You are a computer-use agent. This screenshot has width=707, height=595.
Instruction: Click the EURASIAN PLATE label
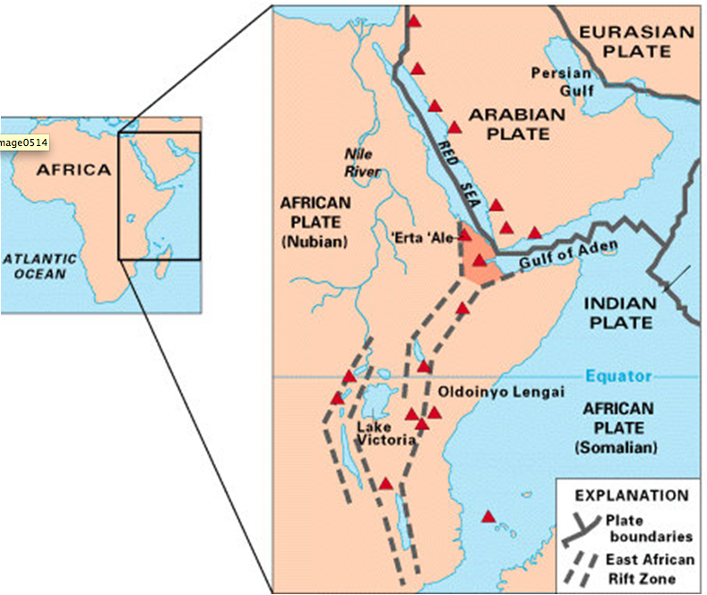(636, 41)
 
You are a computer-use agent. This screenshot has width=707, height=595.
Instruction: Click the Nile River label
(363, 163)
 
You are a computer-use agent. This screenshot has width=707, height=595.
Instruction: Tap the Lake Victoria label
(386, 433)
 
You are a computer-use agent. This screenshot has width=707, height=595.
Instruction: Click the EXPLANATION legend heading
(631, 495)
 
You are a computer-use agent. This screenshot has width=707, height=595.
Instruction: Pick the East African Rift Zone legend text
(649, 569)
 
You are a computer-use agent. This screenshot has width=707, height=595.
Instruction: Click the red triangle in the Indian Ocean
(488, 516)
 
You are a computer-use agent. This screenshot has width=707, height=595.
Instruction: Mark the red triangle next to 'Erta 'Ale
(465, 236)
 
